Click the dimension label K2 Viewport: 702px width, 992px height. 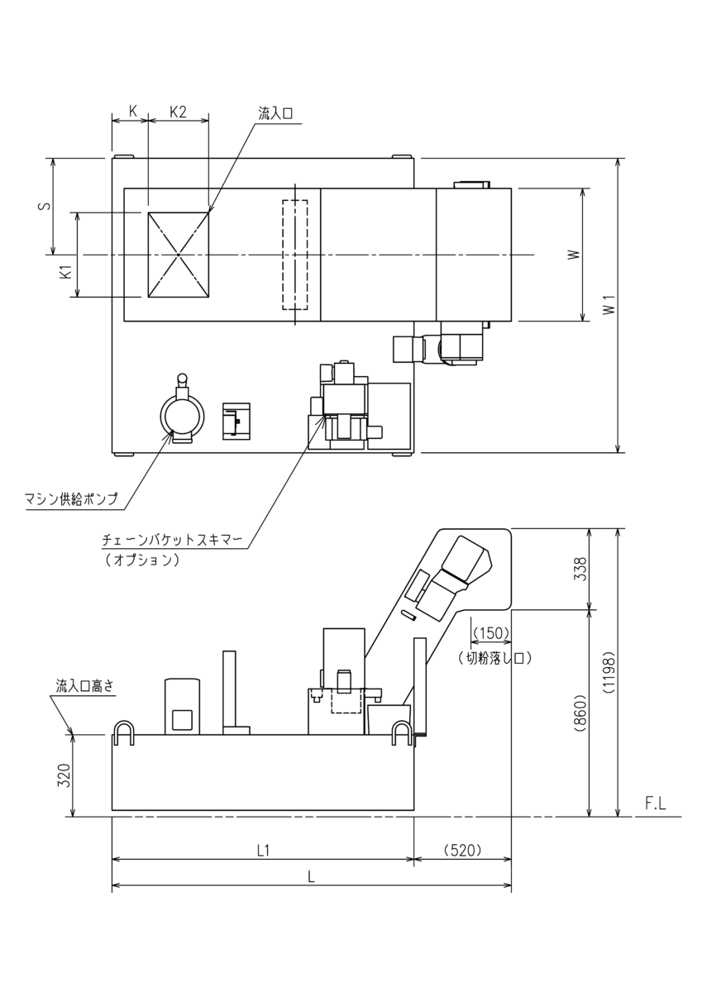[x=178, y=112]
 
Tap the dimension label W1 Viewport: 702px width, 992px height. [x=609, y=305]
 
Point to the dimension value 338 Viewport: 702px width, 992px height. [x=580, y=570]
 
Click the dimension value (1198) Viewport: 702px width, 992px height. [x=608, y=674]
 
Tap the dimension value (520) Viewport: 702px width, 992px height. [x=462, y=850]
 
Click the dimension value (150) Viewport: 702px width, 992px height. [x=492, y=633]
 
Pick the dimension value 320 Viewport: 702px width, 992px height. [x=64, y=775]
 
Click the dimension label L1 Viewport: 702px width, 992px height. [x=263, y=850]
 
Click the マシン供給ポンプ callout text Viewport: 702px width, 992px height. [x=71, y=498]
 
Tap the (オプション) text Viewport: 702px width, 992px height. [x=142, y=560]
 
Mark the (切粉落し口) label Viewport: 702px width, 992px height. [x=493, y=658]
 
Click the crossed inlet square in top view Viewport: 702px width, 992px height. [x=178, y=255]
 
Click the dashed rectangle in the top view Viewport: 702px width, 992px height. [x=294, y=255]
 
